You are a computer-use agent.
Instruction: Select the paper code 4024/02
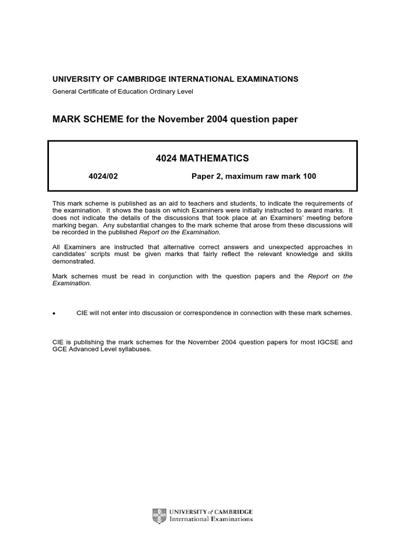click(x=103, y=176)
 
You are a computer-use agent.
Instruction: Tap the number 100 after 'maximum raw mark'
click(x=309, y=176)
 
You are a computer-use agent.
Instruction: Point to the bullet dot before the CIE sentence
click(x=54, y=313)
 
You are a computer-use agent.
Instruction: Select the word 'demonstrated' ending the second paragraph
click(x=70, y=262)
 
